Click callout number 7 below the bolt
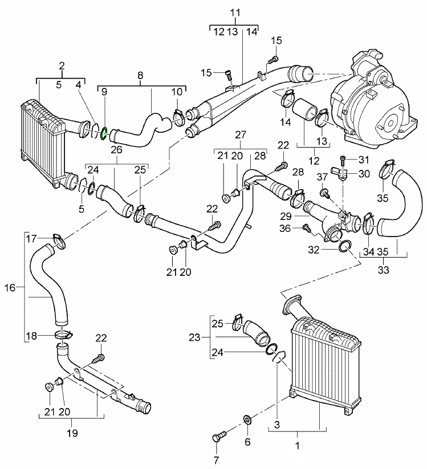pos(215,459)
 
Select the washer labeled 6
pos(248,421)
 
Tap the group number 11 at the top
pos(235,13)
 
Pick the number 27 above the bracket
pos(241,135)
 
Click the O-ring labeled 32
pos(345,246)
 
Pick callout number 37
pos(322,176)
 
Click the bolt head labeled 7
pos(217,439)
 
